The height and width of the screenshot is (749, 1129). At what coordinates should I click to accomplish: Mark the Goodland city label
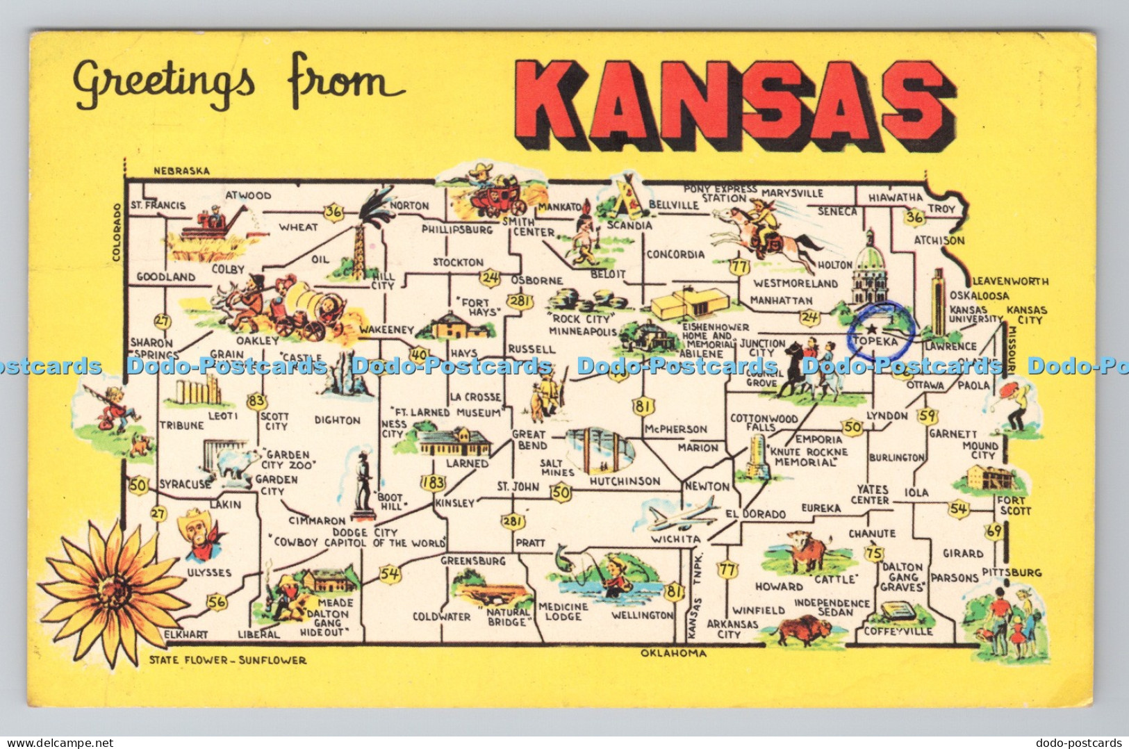click(165, 277)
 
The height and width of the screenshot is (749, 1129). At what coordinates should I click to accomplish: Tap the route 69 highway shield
click(994, 532)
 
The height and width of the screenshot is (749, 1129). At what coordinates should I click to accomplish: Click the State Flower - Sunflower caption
click(227, 660)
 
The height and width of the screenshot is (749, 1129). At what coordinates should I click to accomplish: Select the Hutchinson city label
click(625, 481)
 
